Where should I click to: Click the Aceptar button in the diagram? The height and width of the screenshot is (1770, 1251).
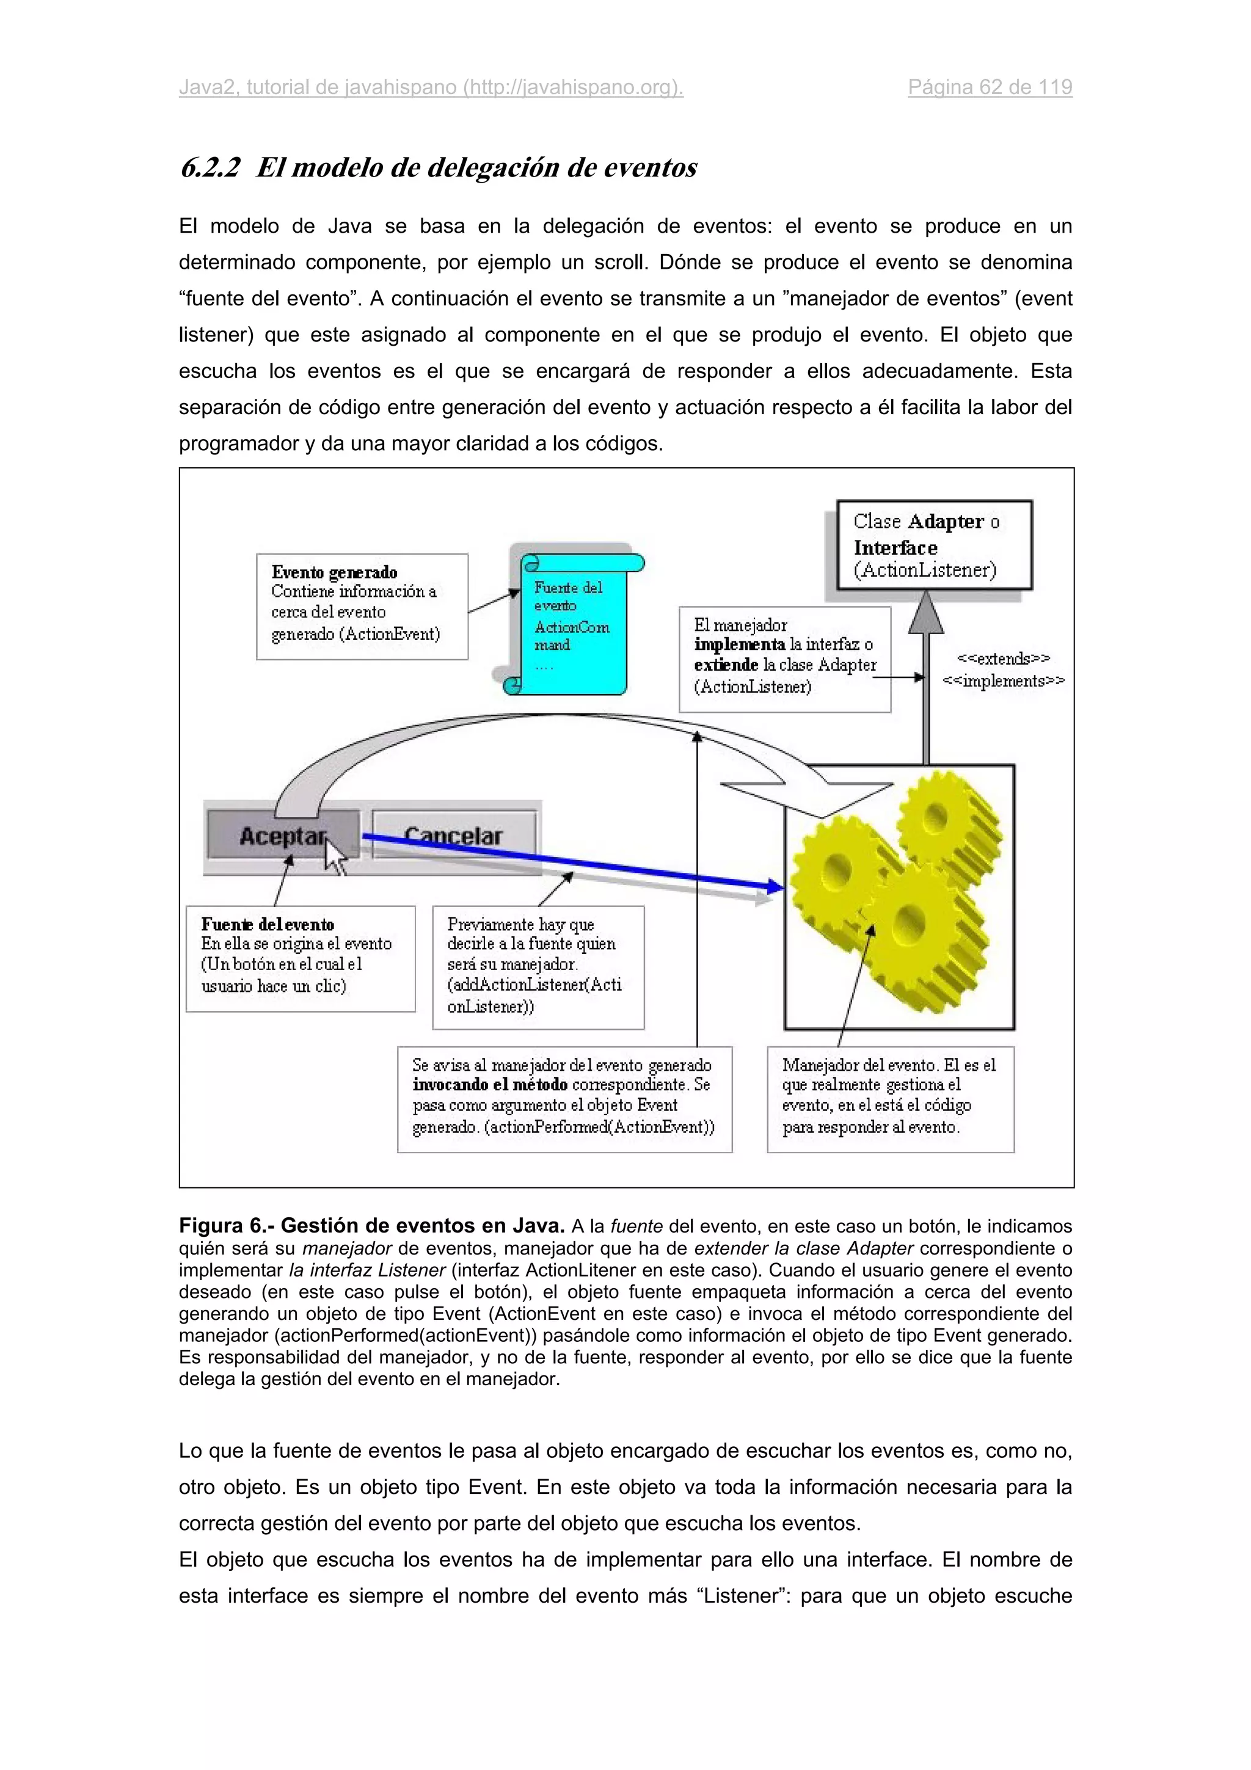click(282, 835)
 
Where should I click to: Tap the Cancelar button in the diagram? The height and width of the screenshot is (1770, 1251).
click(453, 835)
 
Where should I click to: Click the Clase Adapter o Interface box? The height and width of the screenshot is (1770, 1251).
click(933, 545)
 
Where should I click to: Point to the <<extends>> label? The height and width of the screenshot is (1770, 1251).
click(1003, 658)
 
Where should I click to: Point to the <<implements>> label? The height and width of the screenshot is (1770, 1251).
click(1003, 681)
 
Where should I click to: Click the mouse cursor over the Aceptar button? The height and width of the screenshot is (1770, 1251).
click(334, 854)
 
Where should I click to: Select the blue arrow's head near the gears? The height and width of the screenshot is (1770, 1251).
click(775, 887)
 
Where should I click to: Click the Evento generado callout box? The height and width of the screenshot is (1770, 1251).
click(362, 606)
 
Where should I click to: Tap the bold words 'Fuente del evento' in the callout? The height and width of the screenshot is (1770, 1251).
click(268, 924)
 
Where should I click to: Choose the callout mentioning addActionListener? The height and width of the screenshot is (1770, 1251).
click(538, 967)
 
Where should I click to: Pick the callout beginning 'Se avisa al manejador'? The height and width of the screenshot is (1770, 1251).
click(564, 1099)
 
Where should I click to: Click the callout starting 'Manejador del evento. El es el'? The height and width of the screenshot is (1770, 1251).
click(890, 1099)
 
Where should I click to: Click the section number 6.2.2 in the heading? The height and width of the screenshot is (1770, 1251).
click(210, 167)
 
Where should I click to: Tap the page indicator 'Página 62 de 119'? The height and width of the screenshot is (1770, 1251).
click(990, 87)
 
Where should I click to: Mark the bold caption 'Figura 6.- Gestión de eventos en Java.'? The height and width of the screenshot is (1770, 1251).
click(371, 1226)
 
